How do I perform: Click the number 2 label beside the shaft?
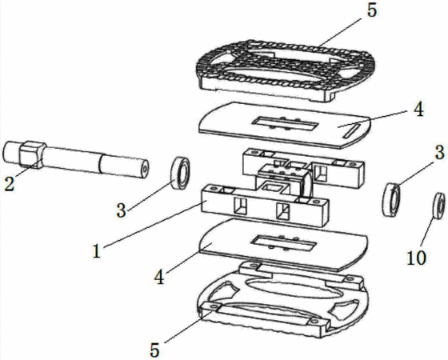10,184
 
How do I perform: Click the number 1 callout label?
97,252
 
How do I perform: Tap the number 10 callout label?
416,258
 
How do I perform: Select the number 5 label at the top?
372,11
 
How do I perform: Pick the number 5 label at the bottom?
154,350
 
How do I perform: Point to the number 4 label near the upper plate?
418,110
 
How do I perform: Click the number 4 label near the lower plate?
160,277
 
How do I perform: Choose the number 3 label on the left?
121,211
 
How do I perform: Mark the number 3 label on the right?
439,152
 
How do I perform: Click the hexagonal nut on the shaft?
32,154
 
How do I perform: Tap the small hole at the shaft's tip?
145,169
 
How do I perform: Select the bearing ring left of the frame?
180,173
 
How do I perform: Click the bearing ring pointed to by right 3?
391,200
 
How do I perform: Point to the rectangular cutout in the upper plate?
285,124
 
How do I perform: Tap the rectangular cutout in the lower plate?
284,243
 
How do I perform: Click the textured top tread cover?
285,71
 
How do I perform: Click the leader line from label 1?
153,224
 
